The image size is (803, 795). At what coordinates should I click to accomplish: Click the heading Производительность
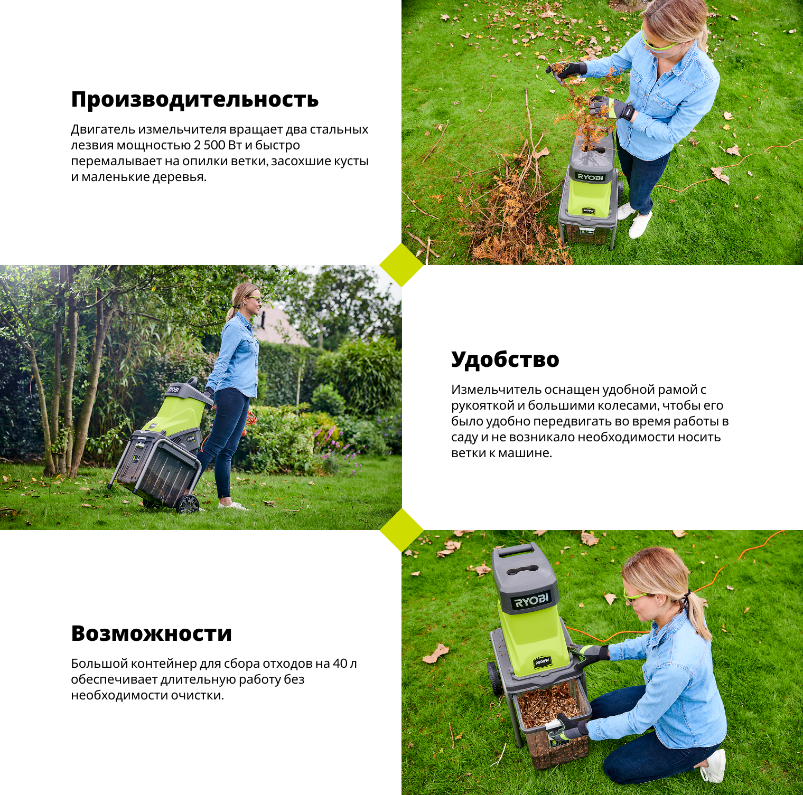click(x=195, y=99)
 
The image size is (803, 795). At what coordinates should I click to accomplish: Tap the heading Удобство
click(x=505, y=359)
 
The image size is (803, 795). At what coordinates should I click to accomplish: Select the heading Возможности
click(x=152, y=633)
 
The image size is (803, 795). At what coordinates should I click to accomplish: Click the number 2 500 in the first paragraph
click(x=210, y=145)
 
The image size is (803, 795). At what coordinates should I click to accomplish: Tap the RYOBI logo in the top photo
click(x=590, y=177)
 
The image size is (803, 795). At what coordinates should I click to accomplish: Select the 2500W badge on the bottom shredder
click(x=543, y=661)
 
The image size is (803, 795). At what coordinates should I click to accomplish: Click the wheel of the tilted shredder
click(x=188, y=504)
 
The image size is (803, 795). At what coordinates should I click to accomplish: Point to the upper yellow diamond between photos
click(x=401, y=265)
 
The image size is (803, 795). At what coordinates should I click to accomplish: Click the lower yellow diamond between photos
click(x=401, y=530)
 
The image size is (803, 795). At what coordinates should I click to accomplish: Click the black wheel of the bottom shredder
click(x=494, y=678)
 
